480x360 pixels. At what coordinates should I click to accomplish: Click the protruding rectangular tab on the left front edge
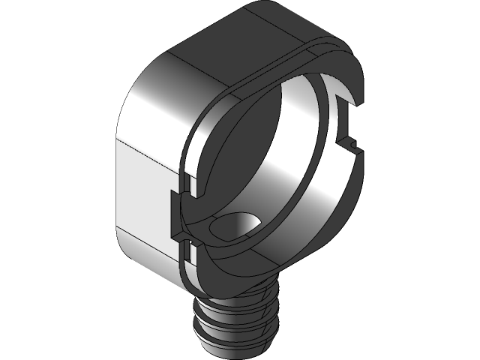(x=177, y=214)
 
